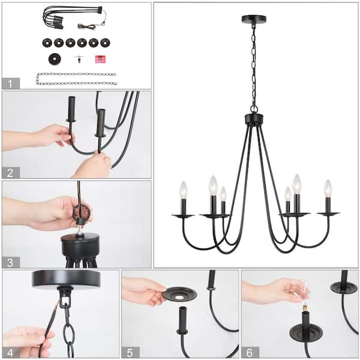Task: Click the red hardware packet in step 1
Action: pyautogui.click(x=100, y=59)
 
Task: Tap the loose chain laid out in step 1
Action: pyautogui.click(x=76, y=79)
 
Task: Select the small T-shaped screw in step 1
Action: pyautogui.click(x=77, y=59)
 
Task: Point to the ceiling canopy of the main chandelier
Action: pyautogui.click(x=253, y=19)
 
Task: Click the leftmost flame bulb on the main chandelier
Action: pyautogui.click(x=184, y=190)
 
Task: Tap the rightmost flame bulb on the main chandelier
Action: pyautogui.click(x=328, y=188)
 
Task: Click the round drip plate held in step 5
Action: pyautogui.click(x=179, y=294)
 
